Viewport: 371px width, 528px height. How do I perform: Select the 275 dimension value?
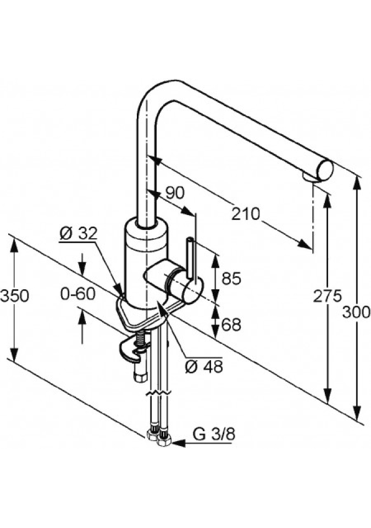(328, 296)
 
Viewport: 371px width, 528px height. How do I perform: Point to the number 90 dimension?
(174, 192)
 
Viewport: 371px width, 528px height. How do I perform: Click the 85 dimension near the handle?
(230, 279)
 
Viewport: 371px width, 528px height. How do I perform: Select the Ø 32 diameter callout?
(78, 233)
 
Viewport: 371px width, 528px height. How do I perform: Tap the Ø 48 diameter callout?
(204, 366)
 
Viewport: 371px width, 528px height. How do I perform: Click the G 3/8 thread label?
(214, 435)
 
